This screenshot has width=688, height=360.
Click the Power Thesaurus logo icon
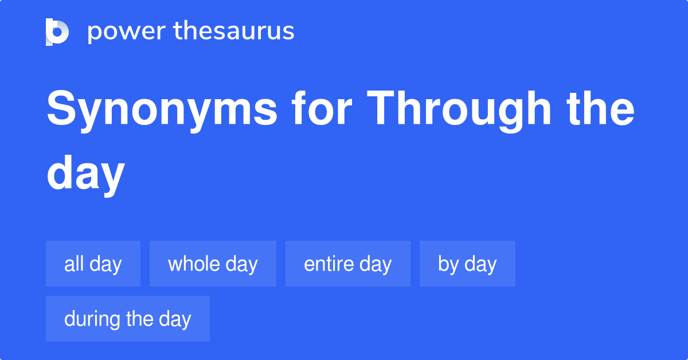point(57,32)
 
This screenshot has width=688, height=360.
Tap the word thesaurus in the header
point(234,32)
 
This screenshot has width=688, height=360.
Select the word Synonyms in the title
point(162,110)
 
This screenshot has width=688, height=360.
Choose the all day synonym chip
point(93,264)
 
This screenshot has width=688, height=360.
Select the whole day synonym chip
point(213,264)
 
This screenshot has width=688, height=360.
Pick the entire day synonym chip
point(347,264)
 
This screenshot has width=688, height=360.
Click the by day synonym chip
point(467,264)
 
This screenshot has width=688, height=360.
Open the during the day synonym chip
point(127,319)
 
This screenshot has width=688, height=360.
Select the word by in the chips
point(448,264)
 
